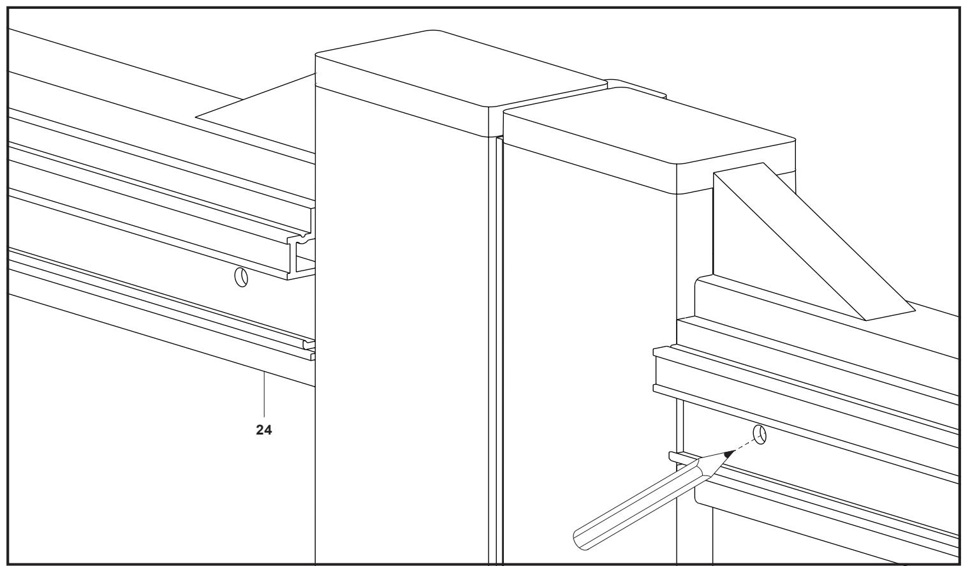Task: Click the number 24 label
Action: (263, 429)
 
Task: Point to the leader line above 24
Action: (264, 394)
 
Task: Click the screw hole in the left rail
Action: (241, 277)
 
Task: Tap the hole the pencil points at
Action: (760, 435)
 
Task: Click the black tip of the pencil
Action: (730, 454)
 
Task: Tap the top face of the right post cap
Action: (649, 127)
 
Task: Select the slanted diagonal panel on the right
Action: (812, 241)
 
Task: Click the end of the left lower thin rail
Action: (309, 350)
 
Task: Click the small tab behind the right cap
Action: (636, 88)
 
